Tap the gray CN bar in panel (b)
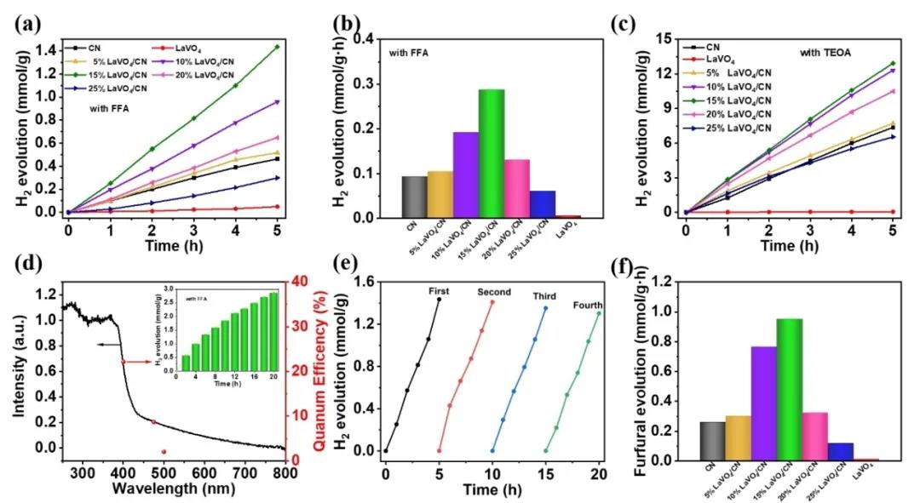coord(414,197)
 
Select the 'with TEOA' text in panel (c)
coord(825,53)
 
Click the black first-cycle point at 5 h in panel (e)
coord(439,300)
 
